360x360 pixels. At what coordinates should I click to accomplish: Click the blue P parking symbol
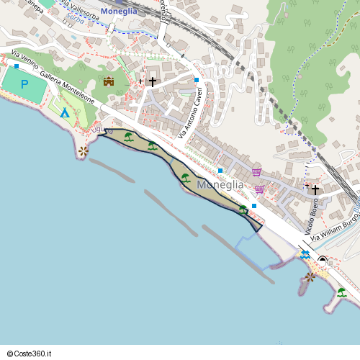[x=24, y=85]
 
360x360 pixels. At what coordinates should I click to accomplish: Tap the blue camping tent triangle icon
[x=65, y=113]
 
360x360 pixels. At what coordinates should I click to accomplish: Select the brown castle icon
[x=109, y=81]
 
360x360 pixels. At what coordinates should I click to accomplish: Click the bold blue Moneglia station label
[x=120, y=12]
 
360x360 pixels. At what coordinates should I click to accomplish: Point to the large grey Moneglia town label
[x=220, y=185]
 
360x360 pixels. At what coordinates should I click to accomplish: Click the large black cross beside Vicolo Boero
[x=315, y=189]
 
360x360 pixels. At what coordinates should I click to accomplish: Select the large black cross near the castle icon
[x=152, y=81]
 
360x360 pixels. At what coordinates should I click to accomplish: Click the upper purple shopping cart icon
[x=257, y=172]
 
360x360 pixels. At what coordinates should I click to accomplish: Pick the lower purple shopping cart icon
[x=259, y=189]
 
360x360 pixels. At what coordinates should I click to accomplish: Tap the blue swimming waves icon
[x=305, y=256]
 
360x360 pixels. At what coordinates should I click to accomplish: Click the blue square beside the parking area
[x=17, y=66]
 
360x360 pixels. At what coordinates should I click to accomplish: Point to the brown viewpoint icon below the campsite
[x=84, y=150]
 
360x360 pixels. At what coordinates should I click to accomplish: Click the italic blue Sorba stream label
[x=75, y=19]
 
